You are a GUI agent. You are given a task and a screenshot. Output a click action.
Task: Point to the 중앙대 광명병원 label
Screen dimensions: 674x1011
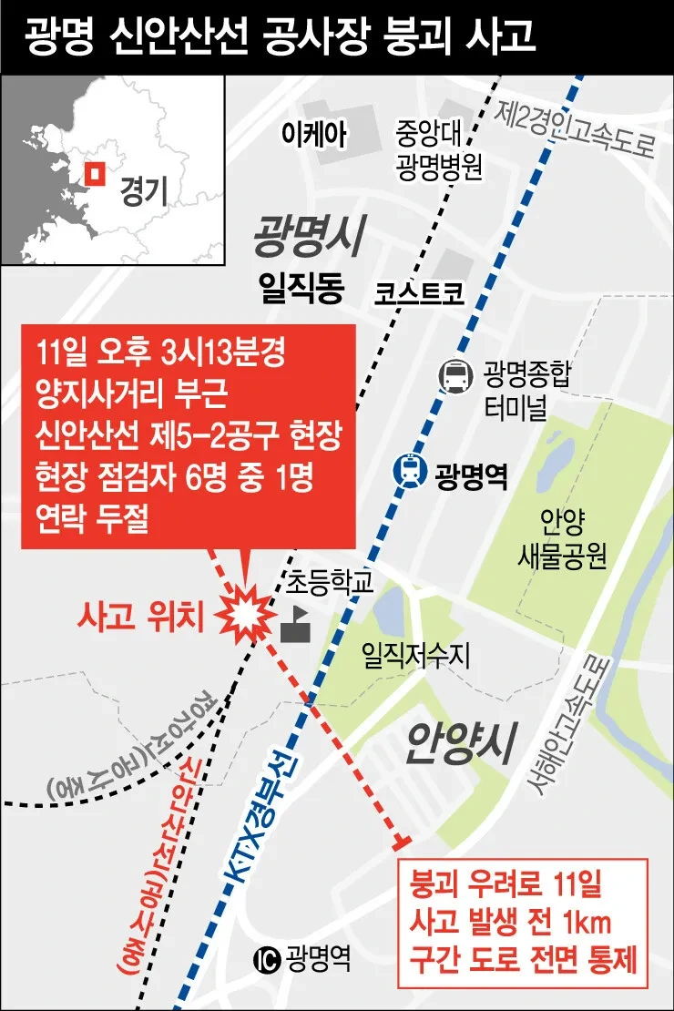point(438,151)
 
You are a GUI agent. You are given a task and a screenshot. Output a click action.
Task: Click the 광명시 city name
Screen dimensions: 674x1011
point(310,236)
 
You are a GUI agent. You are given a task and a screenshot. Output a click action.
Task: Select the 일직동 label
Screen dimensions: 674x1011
point(301,289)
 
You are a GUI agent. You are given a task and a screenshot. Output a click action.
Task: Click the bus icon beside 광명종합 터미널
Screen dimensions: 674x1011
point(454,374)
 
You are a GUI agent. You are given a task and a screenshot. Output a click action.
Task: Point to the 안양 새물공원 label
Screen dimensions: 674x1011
point(561,538)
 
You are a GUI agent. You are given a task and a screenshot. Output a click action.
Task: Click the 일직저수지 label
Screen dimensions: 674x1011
point(415,654)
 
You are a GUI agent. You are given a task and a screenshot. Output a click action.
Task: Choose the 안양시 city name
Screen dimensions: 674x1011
point(460,741)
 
